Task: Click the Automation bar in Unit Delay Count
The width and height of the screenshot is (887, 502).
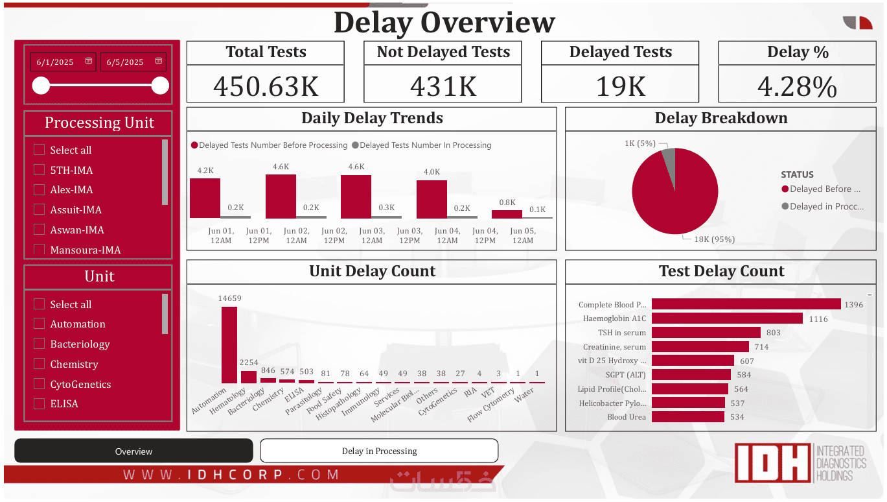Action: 229,344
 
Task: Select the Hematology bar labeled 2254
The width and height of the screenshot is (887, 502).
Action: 249,377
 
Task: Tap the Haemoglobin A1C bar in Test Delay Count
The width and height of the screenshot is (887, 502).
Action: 727,318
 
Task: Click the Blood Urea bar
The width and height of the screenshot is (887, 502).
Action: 687,417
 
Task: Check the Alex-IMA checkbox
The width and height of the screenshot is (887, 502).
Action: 39,190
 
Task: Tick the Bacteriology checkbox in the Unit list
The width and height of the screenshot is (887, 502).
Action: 39,344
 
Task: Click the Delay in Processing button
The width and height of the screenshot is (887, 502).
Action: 379,451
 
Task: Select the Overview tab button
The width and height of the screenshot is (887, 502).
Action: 133,451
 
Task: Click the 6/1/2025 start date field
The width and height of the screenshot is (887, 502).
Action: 56,62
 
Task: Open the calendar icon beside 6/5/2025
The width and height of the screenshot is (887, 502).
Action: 159,62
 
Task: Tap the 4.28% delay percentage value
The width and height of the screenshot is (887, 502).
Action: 798,86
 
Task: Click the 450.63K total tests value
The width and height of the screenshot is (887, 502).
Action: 266,86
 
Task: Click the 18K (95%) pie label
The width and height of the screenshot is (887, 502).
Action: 714,239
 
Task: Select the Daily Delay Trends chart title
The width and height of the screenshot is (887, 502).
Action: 372,119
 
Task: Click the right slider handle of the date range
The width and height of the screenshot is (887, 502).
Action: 160,86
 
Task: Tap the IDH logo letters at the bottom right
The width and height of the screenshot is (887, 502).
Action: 772,463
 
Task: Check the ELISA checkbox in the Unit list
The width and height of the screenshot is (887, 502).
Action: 39,403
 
